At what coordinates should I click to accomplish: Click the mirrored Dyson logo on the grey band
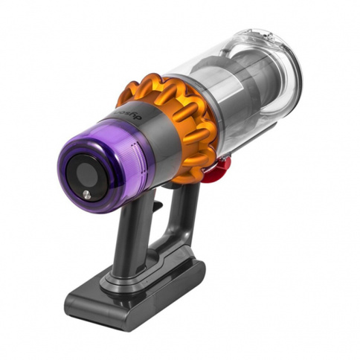tap(128, 115)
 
